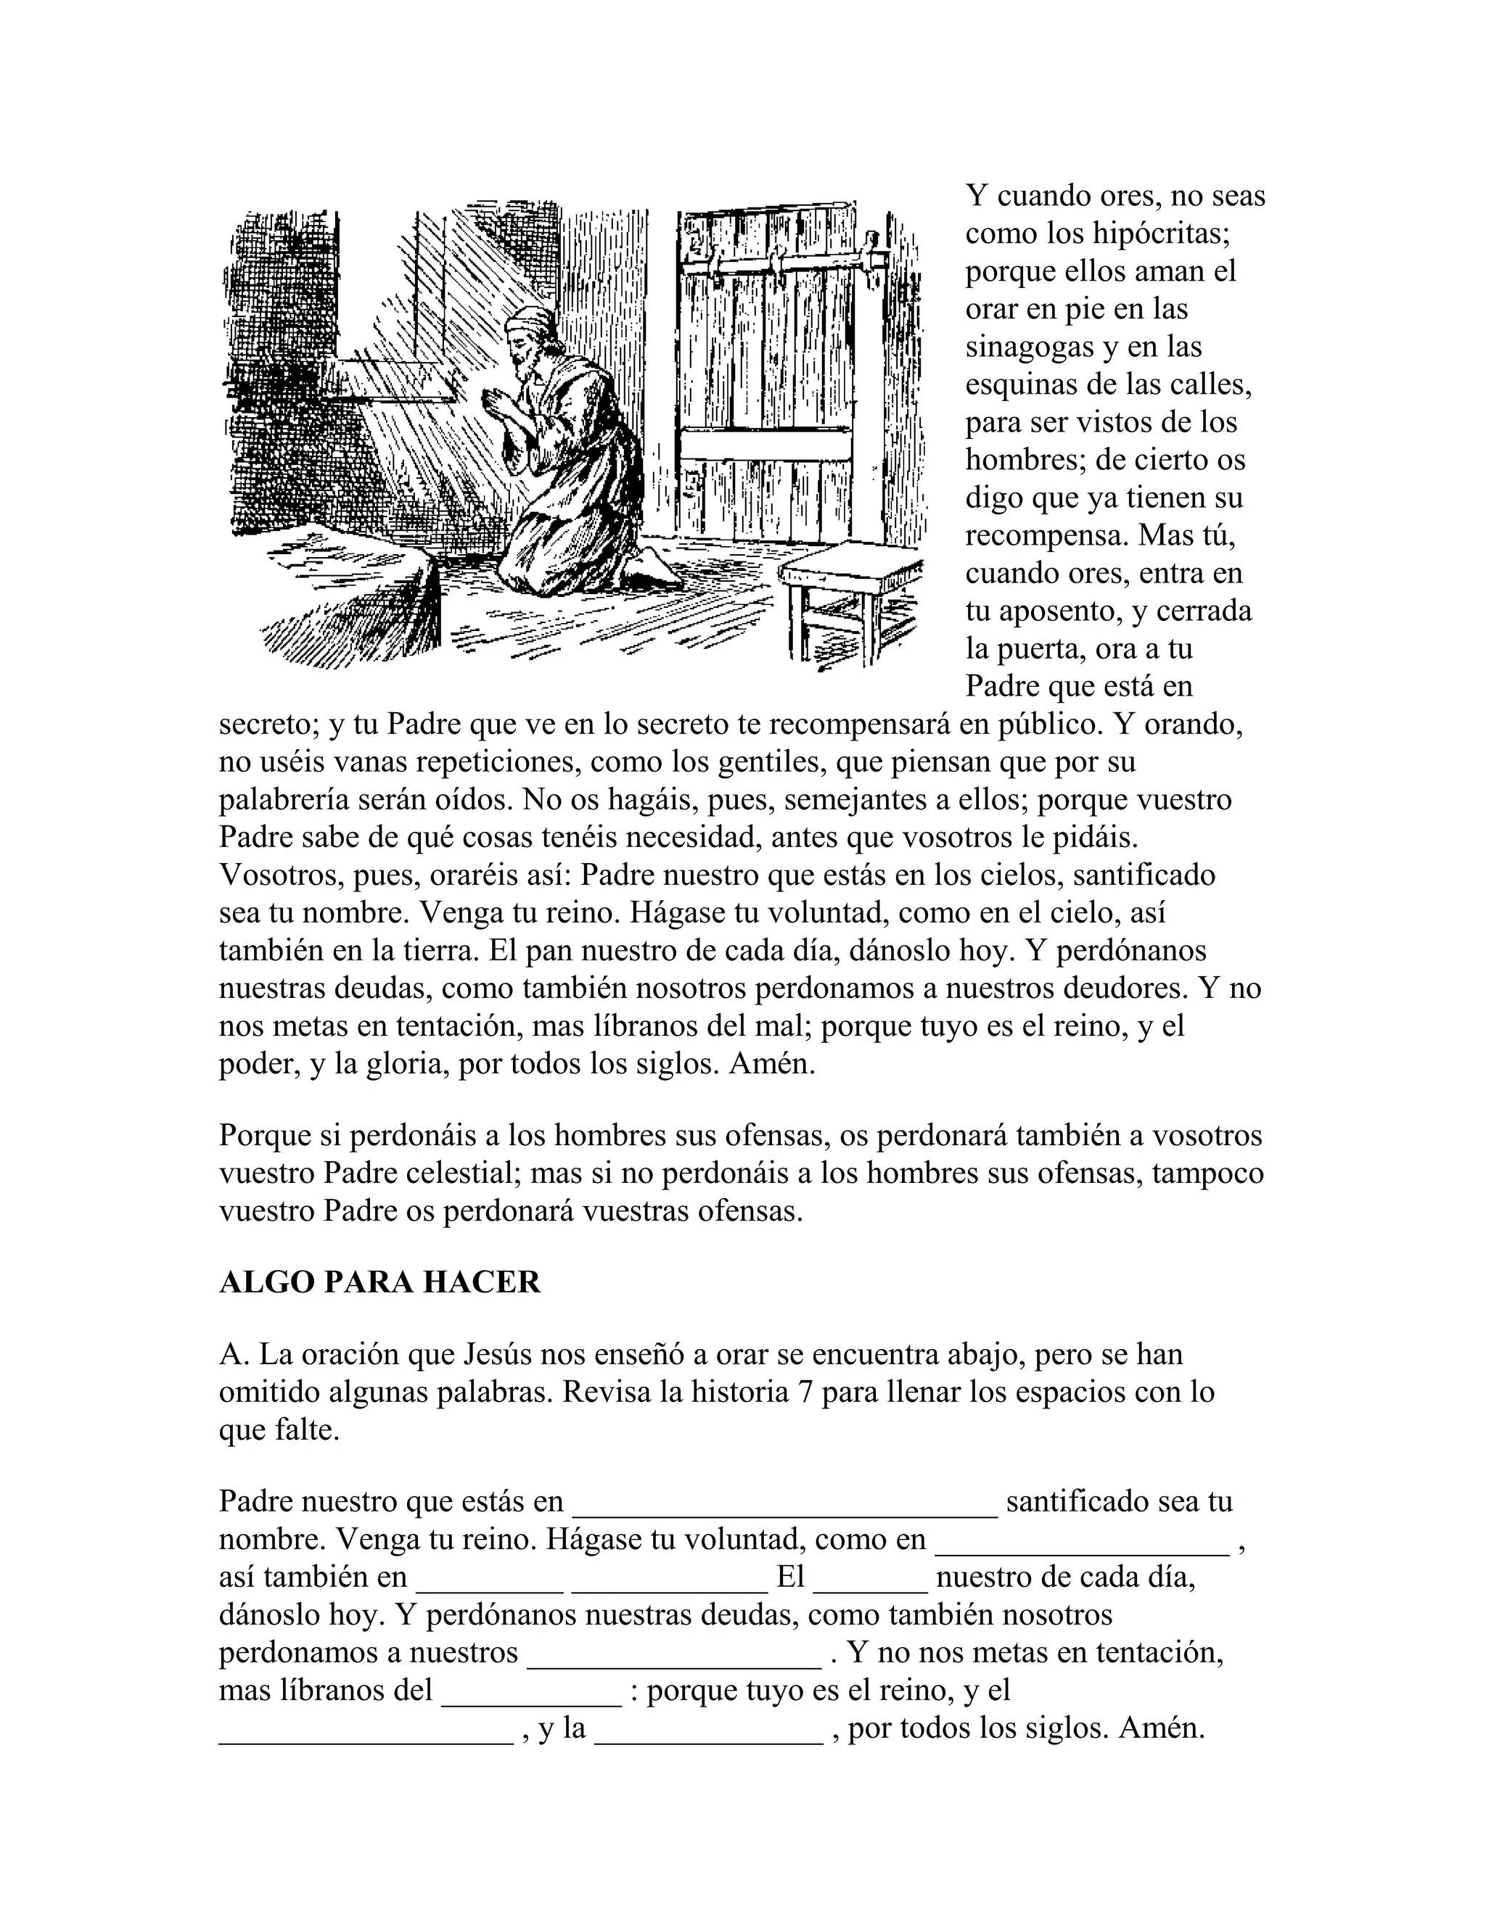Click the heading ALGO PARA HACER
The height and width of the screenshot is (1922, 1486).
pos(379,1282)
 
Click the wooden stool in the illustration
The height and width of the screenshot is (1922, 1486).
pos(849,599)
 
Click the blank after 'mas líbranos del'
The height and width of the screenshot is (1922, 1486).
pos(532,1691)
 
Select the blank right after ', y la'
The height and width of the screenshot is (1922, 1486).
pos(710,1729)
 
